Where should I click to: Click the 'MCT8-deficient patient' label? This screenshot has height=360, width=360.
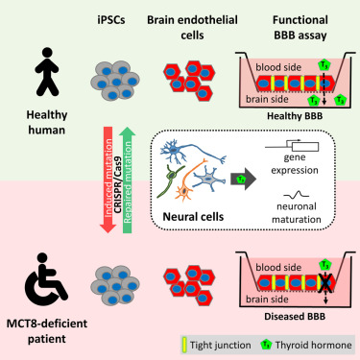pos(37,337)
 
